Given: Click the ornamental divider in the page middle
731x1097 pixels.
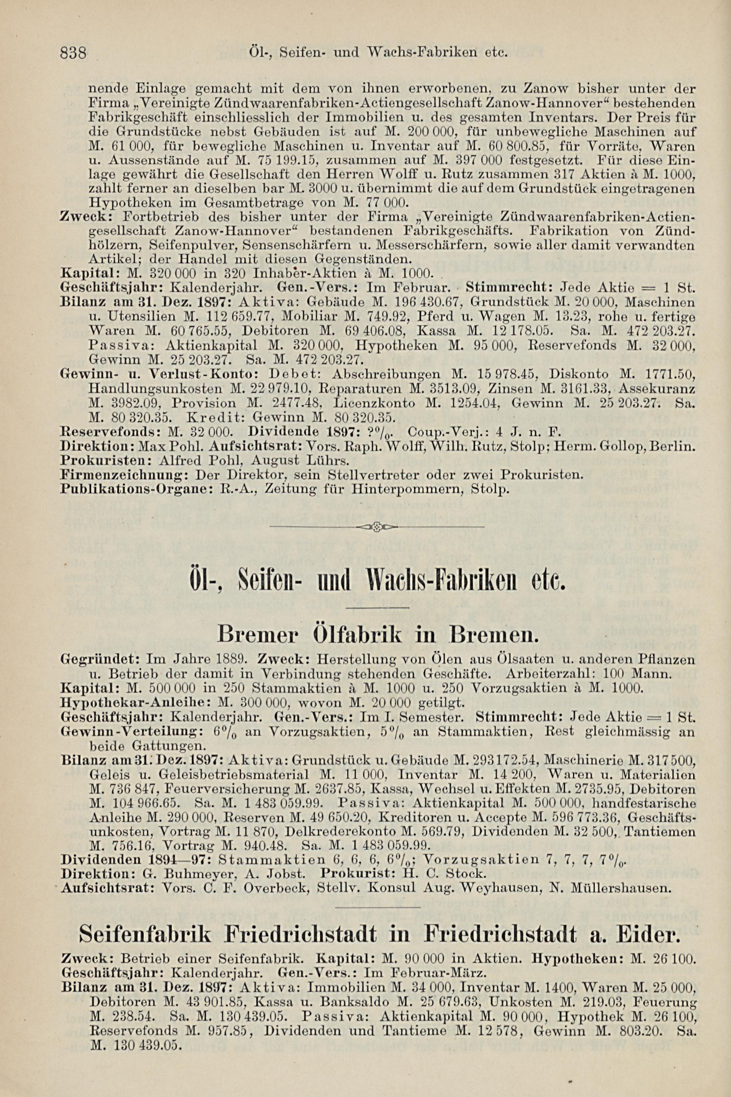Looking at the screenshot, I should [377, 527].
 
